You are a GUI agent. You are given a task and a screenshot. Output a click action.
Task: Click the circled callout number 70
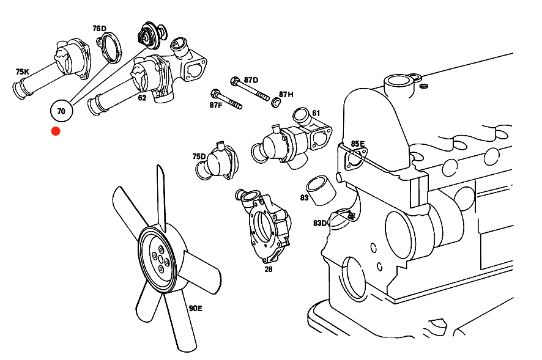61,111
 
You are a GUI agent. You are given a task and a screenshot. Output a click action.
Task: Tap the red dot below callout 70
56,131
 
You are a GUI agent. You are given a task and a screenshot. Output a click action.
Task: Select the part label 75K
22,72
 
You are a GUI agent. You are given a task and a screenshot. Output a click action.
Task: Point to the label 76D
99,29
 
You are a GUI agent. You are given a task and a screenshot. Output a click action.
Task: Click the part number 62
142,97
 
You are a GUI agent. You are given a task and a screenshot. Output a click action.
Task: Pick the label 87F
216,105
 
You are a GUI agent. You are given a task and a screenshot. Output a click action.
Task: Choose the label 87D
251,80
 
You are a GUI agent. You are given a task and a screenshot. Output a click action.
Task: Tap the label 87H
286,94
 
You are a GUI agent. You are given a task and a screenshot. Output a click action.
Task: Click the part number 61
316,113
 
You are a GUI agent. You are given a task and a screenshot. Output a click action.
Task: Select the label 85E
358,144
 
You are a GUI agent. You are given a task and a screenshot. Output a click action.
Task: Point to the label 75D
199,156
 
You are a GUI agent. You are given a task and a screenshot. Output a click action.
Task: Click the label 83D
320,223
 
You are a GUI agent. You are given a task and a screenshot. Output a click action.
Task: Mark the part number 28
269,268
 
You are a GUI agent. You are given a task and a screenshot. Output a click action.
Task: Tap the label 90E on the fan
195,308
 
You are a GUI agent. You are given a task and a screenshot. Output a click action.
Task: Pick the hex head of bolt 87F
215,94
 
